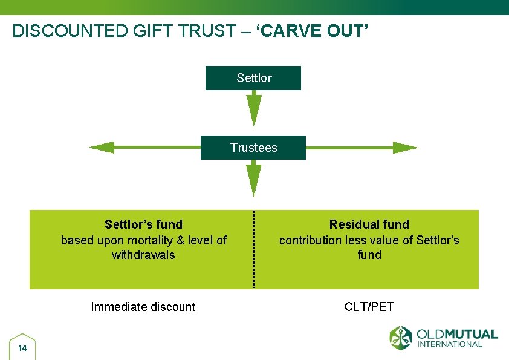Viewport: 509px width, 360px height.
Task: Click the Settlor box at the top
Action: click(253, 78)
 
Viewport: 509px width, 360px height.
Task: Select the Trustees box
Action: click(253, 148)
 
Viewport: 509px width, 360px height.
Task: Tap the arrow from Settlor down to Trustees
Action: click(254, 109)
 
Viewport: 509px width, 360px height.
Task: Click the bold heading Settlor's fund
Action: click(143, 224)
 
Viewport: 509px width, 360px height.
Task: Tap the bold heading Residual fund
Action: click(369, 224)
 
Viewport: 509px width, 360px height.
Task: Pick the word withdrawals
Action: click(143, 255)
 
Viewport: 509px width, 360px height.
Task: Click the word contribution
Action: click(310, 240)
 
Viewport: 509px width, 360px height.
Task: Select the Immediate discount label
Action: click(143, 307)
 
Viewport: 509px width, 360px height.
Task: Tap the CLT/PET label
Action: click(369, 307)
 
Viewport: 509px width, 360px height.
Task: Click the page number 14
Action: click(22, 348)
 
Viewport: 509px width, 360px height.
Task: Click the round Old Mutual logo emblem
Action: click(400, 338)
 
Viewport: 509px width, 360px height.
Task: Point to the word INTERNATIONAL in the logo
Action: click(450, 344)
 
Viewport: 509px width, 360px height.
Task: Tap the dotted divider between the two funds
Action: click(254, 249)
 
